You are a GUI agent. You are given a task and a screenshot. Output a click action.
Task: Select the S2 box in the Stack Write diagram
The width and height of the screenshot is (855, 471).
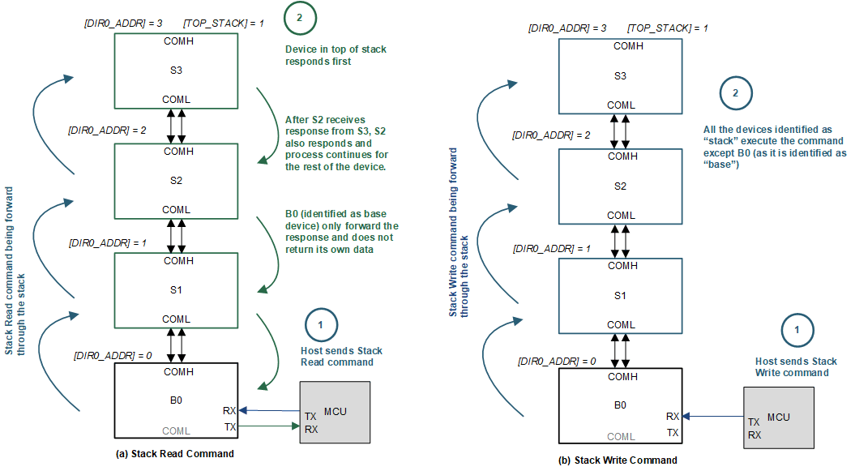point(620,186)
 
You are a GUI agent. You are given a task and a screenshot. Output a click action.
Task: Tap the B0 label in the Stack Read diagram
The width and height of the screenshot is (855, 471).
point(176,400)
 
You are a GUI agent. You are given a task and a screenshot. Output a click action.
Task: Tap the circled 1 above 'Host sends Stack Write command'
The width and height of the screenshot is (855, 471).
point(797,330)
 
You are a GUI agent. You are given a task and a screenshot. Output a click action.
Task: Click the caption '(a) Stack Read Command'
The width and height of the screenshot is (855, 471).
point(176,454)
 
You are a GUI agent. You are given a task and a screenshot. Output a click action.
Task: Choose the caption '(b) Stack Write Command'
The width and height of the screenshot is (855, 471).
point(618,460)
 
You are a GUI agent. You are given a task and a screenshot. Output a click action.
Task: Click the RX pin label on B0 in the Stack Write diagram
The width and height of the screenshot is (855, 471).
point(673,416)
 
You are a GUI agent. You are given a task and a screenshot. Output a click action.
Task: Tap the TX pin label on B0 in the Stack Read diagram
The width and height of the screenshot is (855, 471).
point(229,426)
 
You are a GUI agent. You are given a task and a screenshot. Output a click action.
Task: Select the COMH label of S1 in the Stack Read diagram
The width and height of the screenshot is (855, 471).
point(176,261)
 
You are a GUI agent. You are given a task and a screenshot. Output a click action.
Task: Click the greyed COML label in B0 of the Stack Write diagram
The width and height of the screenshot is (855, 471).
point(621,436)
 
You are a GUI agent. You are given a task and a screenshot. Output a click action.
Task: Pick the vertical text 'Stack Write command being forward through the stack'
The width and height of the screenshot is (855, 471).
point(459,231)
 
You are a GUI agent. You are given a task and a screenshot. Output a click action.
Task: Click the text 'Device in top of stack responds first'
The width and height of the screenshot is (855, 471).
point(336,55)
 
